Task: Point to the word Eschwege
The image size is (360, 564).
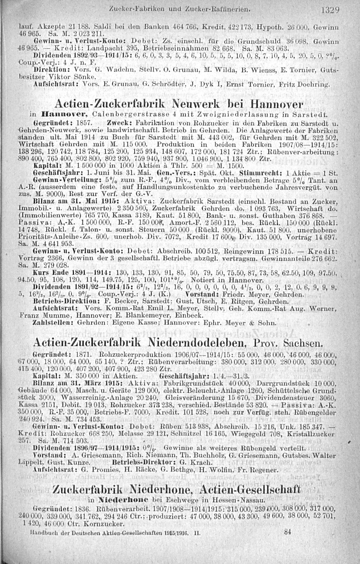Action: coord(174,500)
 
